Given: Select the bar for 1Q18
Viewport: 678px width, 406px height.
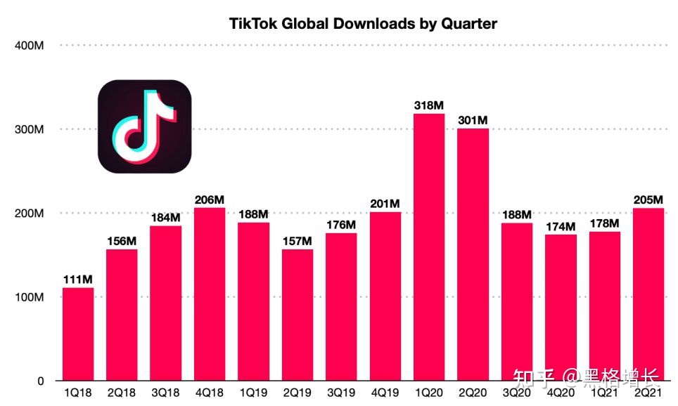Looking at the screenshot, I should click(x=77, y=334).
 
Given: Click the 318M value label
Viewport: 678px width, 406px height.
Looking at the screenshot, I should click(x=429, y=105).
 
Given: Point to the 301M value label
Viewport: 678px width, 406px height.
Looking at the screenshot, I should click(x=473, y=121).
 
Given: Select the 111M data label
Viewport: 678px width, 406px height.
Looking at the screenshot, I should click(x=77, y=280).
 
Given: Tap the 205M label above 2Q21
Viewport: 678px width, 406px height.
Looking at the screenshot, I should click(x=648, y=199).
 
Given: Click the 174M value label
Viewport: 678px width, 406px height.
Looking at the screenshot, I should click(x=561, y=226).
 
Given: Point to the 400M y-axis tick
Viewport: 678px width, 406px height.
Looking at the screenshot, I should click(x=30, y=46).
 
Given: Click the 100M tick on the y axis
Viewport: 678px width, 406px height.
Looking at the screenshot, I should click(x=30, y=297).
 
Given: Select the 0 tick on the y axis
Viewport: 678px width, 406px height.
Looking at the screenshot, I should click(x=41, y=381).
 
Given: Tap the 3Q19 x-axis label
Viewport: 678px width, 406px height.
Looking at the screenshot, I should click(x=341, y=394).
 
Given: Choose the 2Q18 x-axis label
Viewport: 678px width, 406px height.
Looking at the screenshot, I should click(x=122, y=394).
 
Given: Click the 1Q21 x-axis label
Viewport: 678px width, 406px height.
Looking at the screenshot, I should click(x=604, y=394).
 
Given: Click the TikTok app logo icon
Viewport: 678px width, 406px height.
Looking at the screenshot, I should click(x=144, y=127).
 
